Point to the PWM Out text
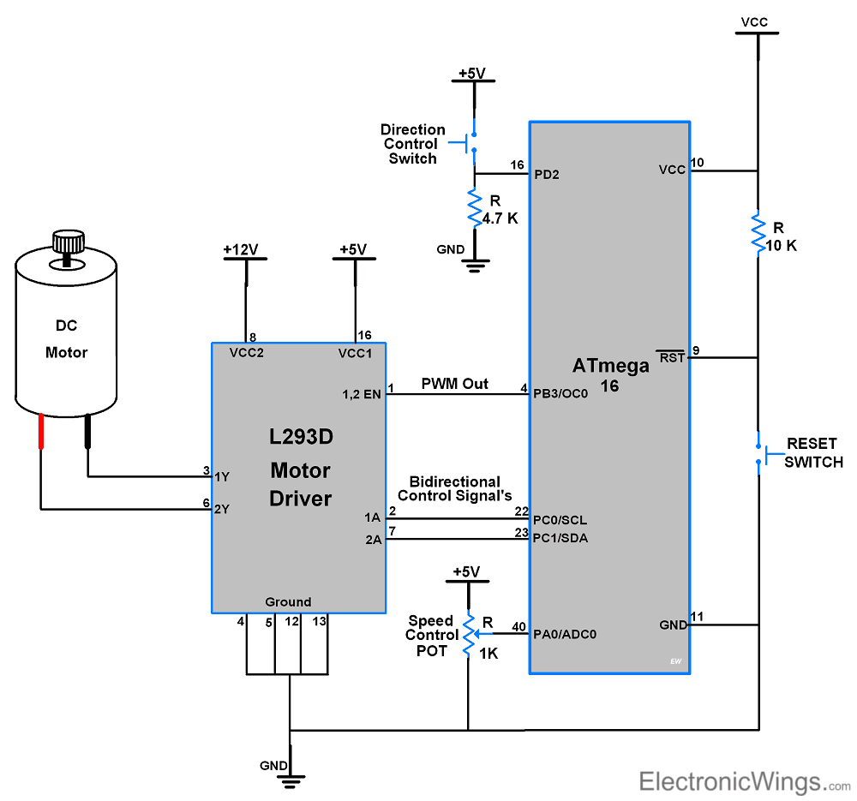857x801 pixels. (454, 384)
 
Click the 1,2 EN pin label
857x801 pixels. (360, 394)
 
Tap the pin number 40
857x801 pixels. (518, 626)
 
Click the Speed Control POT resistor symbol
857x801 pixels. (469, 635)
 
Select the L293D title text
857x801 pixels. (300, 437)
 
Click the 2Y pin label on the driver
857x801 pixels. (222, 509)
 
